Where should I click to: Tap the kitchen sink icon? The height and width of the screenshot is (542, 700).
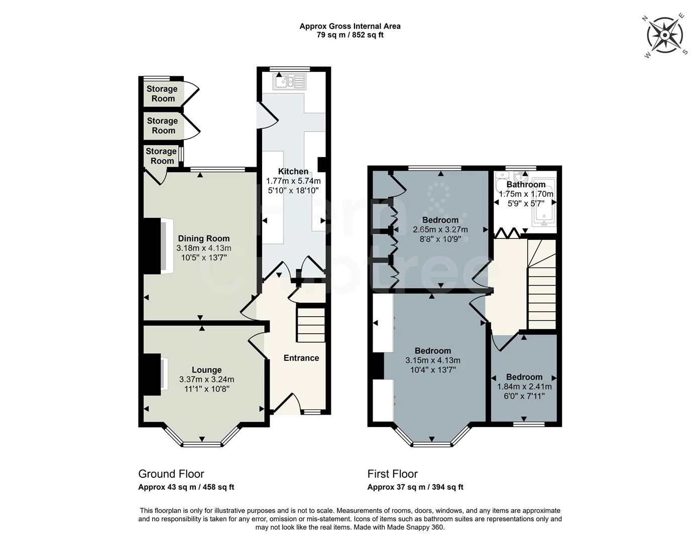(290, 81)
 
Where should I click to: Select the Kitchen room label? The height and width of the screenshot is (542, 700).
(293, 171)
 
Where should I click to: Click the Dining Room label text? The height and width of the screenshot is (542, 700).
(204, 238)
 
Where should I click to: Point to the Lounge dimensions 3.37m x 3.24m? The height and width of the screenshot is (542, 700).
(207, 379)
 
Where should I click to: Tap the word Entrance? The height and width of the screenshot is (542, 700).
(301, 358)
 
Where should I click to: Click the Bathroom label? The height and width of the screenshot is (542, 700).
(526, 184)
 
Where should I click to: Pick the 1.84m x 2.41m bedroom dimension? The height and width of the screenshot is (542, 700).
(524, 386)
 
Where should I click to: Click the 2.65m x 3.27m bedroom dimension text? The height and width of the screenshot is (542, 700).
(440, 229)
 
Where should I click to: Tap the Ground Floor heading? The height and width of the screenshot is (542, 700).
(171, 474)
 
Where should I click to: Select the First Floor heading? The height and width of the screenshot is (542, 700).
(392, 474)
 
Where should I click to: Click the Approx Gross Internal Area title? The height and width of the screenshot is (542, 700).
(350, 27)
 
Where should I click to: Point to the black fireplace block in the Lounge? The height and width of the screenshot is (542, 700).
(152, 374)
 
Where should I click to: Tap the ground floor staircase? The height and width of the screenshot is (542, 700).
(310, 325)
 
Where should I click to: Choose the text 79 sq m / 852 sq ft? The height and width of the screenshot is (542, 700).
(350, 35)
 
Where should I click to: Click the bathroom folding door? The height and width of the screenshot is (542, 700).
(507, 233)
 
